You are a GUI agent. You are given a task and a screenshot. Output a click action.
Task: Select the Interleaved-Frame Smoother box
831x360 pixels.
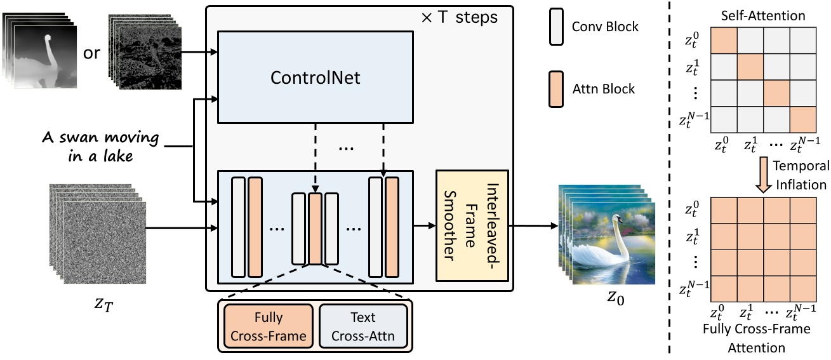(472, 225)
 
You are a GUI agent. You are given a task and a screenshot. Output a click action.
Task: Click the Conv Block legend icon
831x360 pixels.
(557, 27)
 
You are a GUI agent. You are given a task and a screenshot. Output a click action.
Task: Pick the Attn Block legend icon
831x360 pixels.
(557, 89)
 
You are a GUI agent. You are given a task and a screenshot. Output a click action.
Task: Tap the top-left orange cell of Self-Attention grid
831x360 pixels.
(723, 39)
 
